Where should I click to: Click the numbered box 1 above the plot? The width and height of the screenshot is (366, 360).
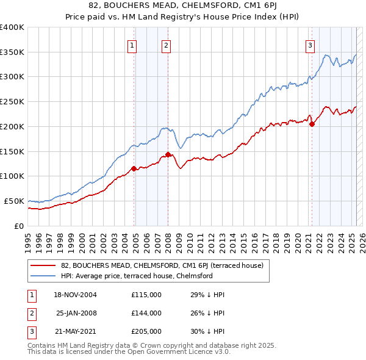tap(132, 44)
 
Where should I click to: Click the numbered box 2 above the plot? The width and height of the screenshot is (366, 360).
tap(166, 44)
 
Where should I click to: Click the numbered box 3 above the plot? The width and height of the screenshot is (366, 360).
tap(310, 44)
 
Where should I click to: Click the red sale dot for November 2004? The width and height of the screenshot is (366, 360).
tap(134, 168)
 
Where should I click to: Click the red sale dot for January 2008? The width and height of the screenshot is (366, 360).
tap(168, 154)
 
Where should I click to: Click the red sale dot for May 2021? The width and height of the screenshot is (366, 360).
tap(312, 124)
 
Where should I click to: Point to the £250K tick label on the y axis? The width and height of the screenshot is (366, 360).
tap(12, 102)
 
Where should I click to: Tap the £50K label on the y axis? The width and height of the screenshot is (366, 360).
tap(14, 201)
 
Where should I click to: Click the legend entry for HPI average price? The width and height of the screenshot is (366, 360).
tap(136, 276)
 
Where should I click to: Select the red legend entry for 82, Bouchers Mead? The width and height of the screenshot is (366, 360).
tap(162, 265)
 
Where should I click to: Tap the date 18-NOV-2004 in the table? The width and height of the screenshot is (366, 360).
tap(75, 295)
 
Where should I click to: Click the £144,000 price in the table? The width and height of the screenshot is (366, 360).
tap(146, 313)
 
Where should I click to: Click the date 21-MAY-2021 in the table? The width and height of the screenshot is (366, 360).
tap(75, 331)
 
